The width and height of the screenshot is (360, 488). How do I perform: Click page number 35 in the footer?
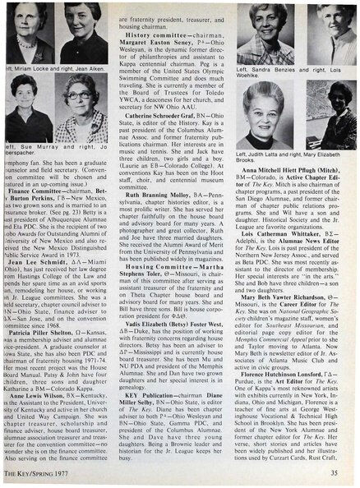[x=346, y=472]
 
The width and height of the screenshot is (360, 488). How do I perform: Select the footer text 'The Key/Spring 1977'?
[x=32, y=472]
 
